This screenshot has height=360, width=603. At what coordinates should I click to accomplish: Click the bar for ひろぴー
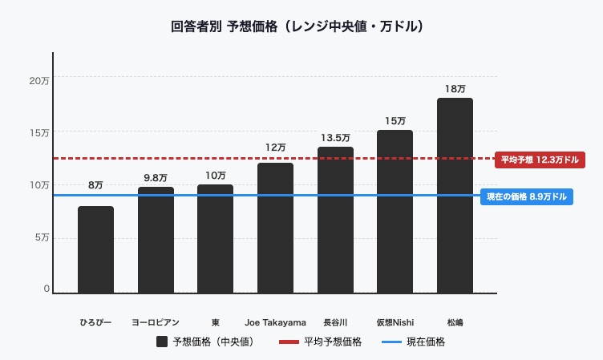coord(95,249)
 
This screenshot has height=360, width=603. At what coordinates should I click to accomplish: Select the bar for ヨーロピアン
coord(156,240)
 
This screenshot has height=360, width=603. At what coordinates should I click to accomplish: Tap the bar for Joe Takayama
coord(275,228)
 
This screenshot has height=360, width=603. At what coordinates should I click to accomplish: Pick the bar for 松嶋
coord(455,196)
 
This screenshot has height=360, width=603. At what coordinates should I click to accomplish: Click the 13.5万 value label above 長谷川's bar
coord(335,138)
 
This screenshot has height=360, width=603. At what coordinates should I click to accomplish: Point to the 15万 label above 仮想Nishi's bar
coord(395,121)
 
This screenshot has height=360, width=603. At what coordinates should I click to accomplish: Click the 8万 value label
coord(95,185)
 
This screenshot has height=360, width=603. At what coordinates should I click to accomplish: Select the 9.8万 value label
coord(156,178)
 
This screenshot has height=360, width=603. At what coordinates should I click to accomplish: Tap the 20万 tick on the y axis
coord(39,81)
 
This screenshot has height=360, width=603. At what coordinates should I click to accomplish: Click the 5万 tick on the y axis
coord(41,237)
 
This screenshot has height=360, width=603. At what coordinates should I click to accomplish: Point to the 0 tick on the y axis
coord(47,289)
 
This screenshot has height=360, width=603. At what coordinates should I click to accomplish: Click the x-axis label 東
coord(215,322)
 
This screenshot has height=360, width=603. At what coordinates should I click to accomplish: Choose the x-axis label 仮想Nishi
coord(395,322)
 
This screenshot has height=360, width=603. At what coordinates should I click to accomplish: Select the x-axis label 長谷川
coord(335,322)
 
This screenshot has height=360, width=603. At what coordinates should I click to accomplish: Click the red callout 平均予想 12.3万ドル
coord(539,160)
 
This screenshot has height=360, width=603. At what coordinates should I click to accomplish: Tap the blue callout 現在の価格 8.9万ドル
coord(527,196)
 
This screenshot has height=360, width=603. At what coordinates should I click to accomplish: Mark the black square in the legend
coord(162,342)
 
